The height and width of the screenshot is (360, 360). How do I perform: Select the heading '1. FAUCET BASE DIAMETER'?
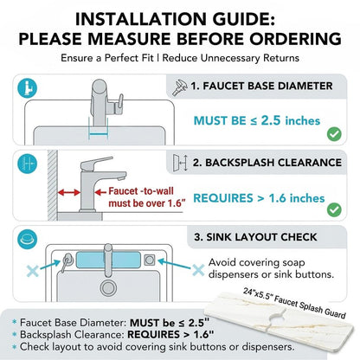(261, 86)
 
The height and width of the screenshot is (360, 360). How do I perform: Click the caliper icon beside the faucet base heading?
(180, 87)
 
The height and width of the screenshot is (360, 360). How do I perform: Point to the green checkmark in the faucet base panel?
(334, 134)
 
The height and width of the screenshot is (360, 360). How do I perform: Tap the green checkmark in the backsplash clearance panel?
(334, 209)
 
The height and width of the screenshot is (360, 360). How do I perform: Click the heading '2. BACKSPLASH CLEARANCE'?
(267, 163)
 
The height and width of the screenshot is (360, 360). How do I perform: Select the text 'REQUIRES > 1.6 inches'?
(259, 198)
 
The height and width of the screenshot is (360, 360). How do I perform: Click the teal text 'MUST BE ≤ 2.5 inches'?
(257, 120)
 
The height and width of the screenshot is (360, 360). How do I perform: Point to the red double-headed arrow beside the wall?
(69, 192)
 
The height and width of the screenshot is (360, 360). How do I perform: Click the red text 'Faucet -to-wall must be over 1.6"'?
(146, 197)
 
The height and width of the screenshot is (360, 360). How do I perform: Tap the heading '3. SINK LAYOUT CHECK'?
(255, 237)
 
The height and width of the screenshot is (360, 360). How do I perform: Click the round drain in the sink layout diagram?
(108, 287)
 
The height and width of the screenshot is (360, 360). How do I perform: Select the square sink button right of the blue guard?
(150, 260)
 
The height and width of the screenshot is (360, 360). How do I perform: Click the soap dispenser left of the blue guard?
(67, 262)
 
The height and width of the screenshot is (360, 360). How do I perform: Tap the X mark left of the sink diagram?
(33, 271)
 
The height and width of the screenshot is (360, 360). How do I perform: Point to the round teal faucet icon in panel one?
(27, 88)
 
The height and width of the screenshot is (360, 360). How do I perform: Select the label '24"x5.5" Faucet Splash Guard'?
(294, 303)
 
